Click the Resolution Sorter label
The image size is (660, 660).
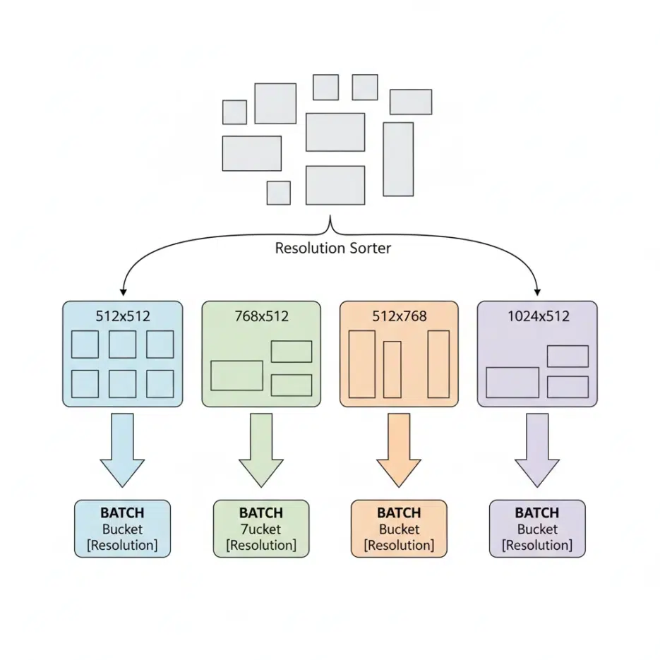[332, 248]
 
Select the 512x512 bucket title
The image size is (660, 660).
[123, 316]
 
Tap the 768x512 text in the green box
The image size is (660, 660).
[261, 316]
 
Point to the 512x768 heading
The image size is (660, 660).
[400, 316]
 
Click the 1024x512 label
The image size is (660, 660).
[538, 316]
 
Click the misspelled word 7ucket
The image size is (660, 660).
[260, 529]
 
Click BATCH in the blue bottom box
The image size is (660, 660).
[122, 513]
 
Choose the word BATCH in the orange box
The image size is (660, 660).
[399, 513]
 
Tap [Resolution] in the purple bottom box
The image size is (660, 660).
[537, 546]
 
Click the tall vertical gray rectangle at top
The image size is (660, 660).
[398, 159]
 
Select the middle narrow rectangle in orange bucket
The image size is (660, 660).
[392, 369]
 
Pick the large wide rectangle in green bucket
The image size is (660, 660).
[236, 376]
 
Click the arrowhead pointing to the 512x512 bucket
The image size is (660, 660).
[124, 292]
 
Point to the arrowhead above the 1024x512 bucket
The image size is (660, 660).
[538, 292]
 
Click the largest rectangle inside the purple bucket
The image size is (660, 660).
[512, 383]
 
